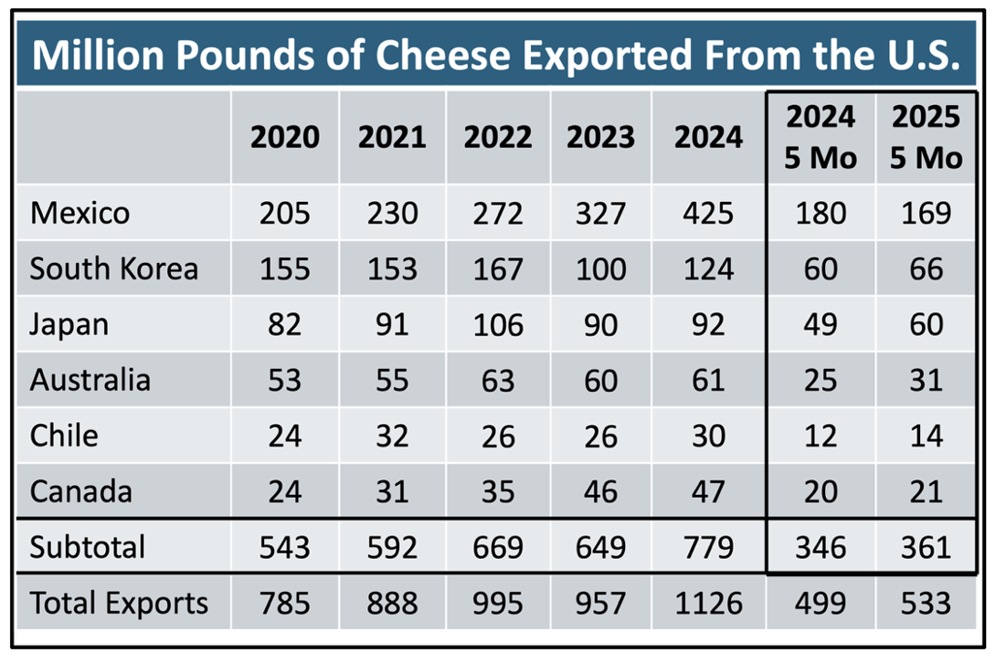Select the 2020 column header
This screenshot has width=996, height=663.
285,138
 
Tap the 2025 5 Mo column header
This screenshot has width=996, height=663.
927,137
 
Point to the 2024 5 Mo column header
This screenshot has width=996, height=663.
821,137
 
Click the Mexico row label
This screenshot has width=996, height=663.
80,214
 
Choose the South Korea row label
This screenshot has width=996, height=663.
114,269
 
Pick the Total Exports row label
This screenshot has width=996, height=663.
119,603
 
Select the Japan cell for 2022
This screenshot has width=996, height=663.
497,325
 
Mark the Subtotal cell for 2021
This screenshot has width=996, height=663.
391,547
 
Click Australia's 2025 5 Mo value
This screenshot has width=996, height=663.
927,380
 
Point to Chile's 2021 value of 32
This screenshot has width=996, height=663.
391,436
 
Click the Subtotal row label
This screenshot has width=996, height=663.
88,547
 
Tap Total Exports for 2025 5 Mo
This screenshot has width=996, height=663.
927,603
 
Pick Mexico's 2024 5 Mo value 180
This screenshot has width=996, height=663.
821,214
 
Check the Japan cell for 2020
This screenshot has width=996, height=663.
285,325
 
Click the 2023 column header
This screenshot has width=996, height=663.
600,138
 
